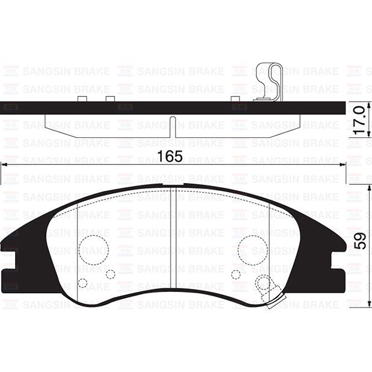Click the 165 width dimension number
coord(170,157)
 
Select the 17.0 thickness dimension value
coord(360,120)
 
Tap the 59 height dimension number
coord(360,241)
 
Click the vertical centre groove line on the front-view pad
coord(173,241)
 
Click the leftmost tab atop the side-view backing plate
coord(83,98)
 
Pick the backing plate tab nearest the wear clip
coord(238,98)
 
